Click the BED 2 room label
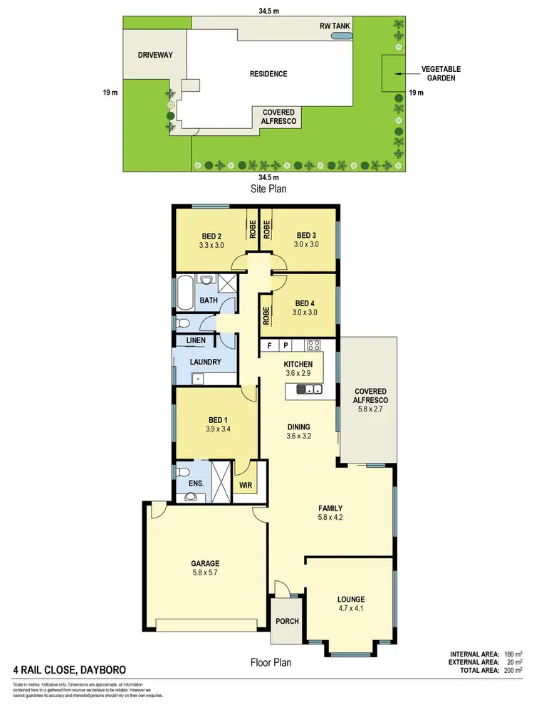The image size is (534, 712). tap(212, 236)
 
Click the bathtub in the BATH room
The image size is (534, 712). tap(184, 294)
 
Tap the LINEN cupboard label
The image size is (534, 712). tap(196, 341)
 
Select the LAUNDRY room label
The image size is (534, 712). tap(205, 362)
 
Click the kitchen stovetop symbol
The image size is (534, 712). tap(314, 345)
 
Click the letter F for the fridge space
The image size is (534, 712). tap(269, 346)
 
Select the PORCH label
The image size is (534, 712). tap(287, 622)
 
